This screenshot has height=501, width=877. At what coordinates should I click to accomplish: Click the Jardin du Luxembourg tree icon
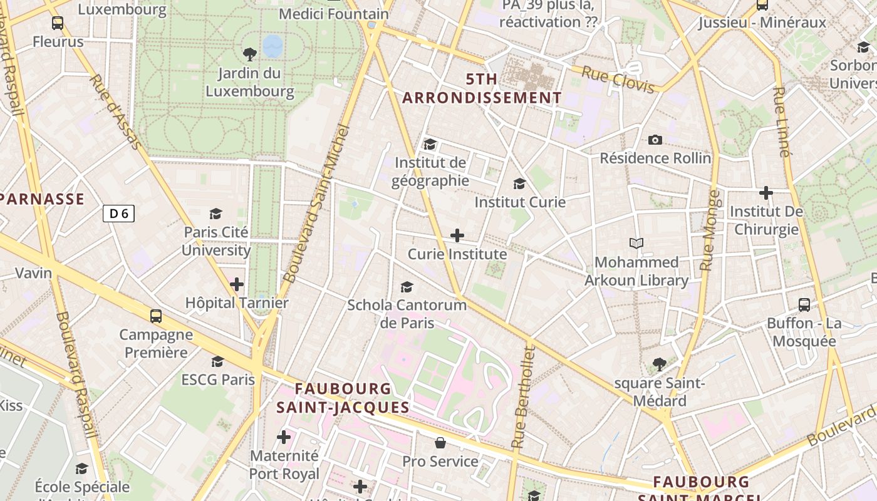pyautogui.click(x=249, y=54)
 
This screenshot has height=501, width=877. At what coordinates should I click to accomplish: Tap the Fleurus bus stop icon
pyautogui.click(x=58, y=24)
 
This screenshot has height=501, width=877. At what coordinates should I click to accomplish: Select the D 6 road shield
pyautogui.click(x=118, y=214)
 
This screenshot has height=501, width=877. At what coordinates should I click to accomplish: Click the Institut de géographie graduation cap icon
pyautogui.click(x=430, y=145)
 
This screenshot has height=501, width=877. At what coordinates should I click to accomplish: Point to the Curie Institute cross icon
pyautogui.click(x=457, y=235)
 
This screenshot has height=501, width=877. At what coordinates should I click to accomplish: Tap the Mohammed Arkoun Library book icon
pyautogui.click(x=636, y=243)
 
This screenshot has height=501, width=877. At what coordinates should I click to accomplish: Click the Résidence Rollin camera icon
pyautogui.click(x=655, y=140)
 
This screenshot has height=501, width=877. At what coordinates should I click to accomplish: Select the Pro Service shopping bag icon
pyautogui.click(x=440, y=443)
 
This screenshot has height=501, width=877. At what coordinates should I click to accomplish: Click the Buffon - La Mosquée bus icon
pyautogui.click(x=804, y=305)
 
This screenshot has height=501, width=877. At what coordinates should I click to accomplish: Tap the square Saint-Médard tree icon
pyautogui.click(x=659, y=364)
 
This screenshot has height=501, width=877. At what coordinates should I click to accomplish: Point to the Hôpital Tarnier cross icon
pyautogui.click(x=237, y=284)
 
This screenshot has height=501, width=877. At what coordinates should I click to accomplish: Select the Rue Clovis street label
pyautogui.click(x=618, y=79)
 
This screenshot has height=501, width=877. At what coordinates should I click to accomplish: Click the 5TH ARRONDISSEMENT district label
pyautogui.click(x=482, y=88)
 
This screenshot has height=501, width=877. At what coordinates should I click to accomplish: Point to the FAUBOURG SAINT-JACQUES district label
pyautogui.click(x=343, y=398)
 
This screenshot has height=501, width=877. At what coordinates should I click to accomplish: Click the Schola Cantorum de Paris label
pyautogui.click(x=407, y=314)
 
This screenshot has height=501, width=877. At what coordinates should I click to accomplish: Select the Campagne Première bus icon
pyautogui.click(x=156, y=316)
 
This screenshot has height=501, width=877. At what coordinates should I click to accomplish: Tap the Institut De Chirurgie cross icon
pyautogui.click(x=765, y=193)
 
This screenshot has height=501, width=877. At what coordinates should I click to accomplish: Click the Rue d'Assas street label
pyautogui.click(x=115, y=113)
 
